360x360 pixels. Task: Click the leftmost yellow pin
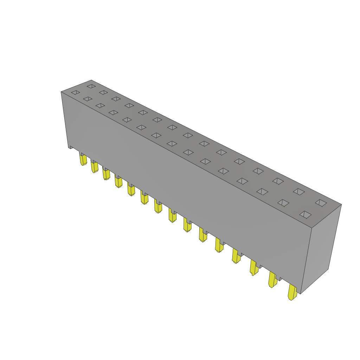point(83,160)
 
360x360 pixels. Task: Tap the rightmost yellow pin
point(292,292)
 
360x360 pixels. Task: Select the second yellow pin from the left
point(95,167)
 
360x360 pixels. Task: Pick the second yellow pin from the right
point(273,279)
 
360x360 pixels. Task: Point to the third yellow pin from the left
point(106,174)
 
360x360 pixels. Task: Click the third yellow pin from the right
point(253,267)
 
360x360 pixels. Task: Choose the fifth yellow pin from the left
point(131,189)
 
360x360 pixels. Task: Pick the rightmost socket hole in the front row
point(305,214)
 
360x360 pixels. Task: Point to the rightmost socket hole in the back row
point(321,203)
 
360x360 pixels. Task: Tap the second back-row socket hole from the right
point(299,192)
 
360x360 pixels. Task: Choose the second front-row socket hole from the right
point(283,203)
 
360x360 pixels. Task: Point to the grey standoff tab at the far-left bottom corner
point(71,147)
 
